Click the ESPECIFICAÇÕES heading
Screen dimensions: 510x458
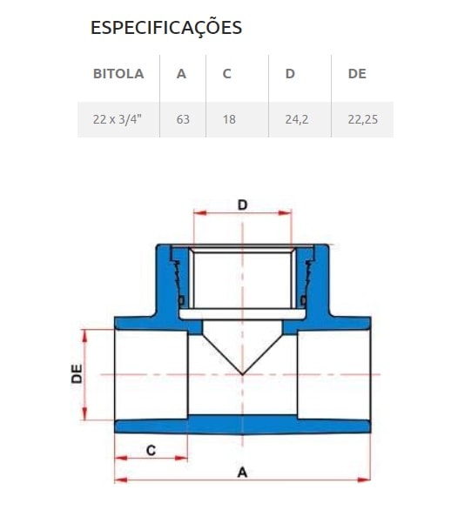(x=166, y=28)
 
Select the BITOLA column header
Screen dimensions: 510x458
(x=118, y=74)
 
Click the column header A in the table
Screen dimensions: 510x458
(x=181, y=74)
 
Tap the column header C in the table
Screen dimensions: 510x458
(x=226, y=74)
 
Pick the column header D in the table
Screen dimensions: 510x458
(x=290, y=74)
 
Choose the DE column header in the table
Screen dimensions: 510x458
(x=357, y=74)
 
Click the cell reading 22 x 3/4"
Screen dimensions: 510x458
(x=118, y=118)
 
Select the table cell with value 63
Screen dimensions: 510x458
(x=183, y=118)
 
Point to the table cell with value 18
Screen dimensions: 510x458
(x=229, y=118)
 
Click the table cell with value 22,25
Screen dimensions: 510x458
(x=361, y=118)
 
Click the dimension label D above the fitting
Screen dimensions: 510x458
(x=243, y=205)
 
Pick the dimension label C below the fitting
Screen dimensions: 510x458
(x=150, y=450)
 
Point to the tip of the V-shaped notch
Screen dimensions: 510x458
(x=243, y=373)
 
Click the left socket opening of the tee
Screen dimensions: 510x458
(x=150, y=374)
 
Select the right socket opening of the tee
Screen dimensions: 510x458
(x=335, y=374)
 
